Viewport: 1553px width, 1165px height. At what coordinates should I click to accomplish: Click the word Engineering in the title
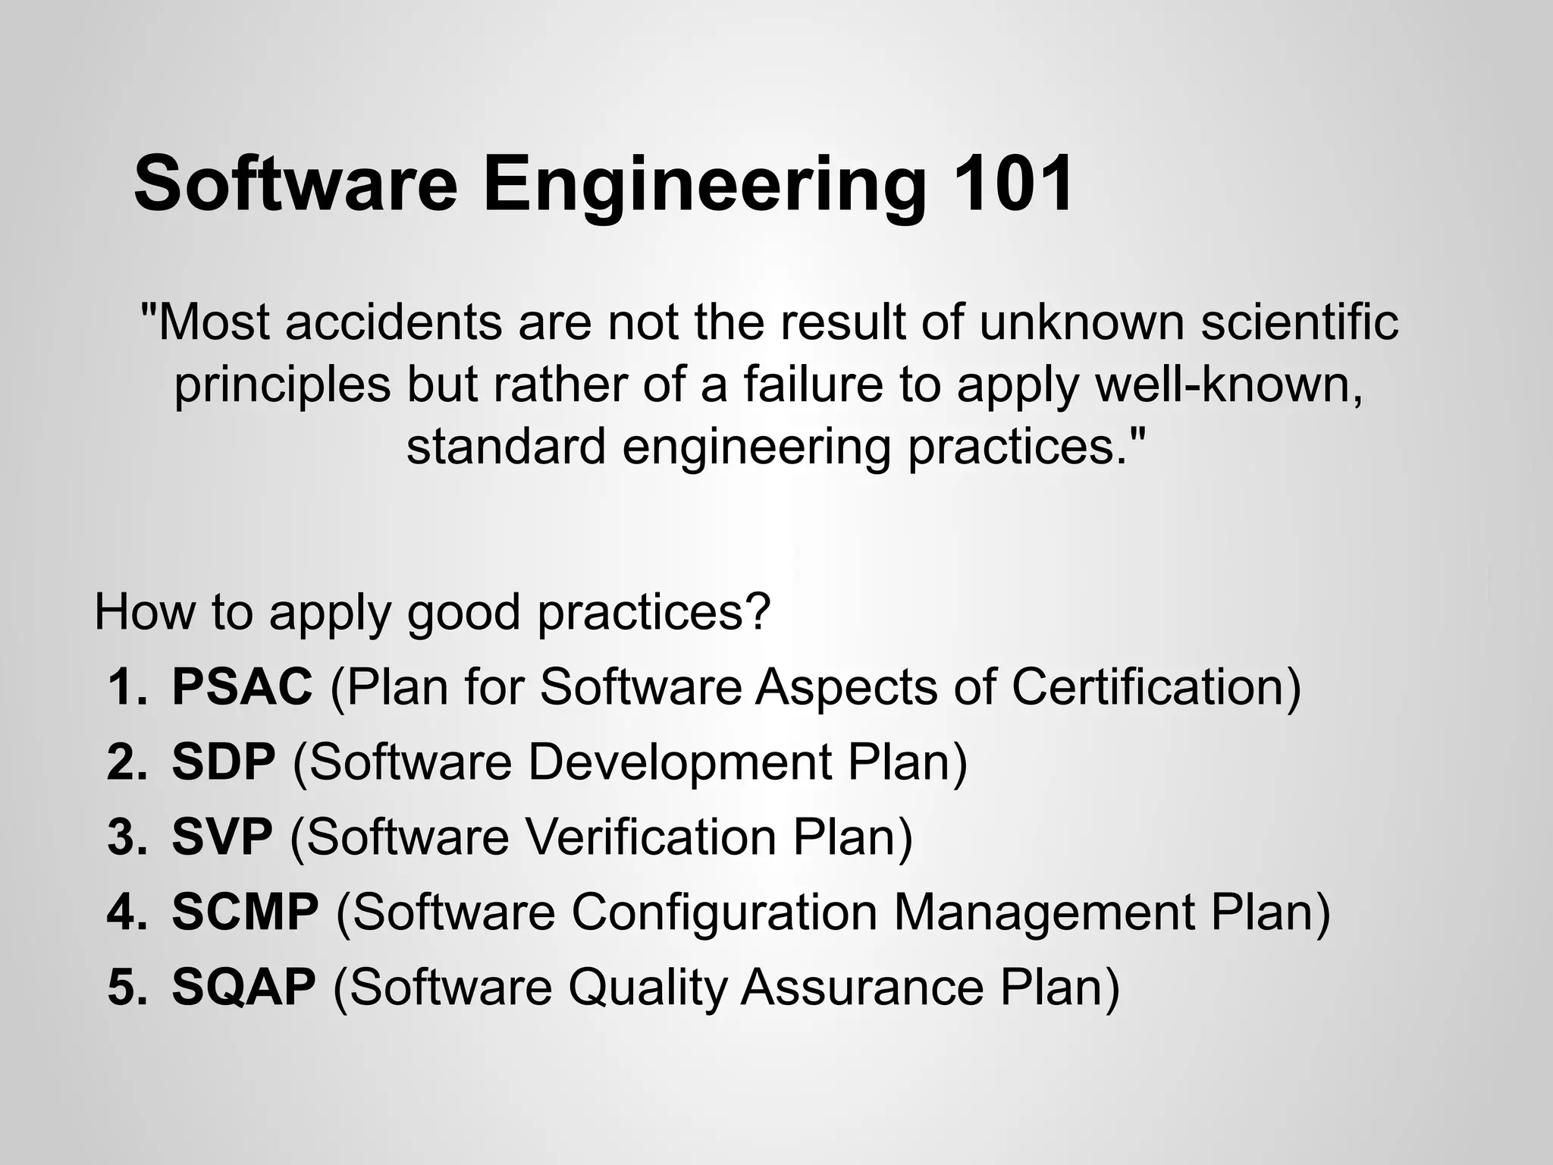click(x=704, y=186)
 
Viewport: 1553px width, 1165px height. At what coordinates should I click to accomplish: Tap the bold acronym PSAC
click(x=242, y=686)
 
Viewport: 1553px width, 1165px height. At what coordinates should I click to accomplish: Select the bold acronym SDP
click(x=224, y=761)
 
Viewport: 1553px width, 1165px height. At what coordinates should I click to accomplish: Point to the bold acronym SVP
click(x=221, y=837)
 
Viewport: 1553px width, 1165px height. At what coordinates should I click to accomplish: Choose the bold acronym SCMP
click(x=245, y=912)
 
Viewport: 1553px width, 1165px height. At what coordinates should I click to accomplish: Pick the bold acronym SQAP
click(x=243, y=987)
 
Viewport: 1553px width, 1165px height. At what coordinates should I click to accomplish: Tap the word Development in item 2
click(x=679, y=761)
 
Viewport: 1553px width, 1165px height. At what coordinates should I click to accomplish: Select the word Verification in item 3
click(x=650, y=837)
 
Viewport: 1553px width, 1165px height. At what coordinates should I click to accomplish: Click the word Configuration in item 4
click(x=723, y=913)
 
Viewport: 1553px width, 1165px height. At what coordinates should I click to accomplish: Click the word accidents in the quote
click(x=394, y=322)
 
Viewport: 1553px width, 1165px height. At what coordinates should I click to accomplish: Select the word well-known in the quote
click(x=1229, y=385)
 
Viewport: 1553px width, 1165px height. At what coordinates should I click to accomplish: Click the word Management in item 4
click(x=1043, y=913)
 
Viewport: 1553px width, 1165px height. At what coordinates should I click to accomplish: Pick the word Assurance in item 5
click(x=861, y=987)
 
